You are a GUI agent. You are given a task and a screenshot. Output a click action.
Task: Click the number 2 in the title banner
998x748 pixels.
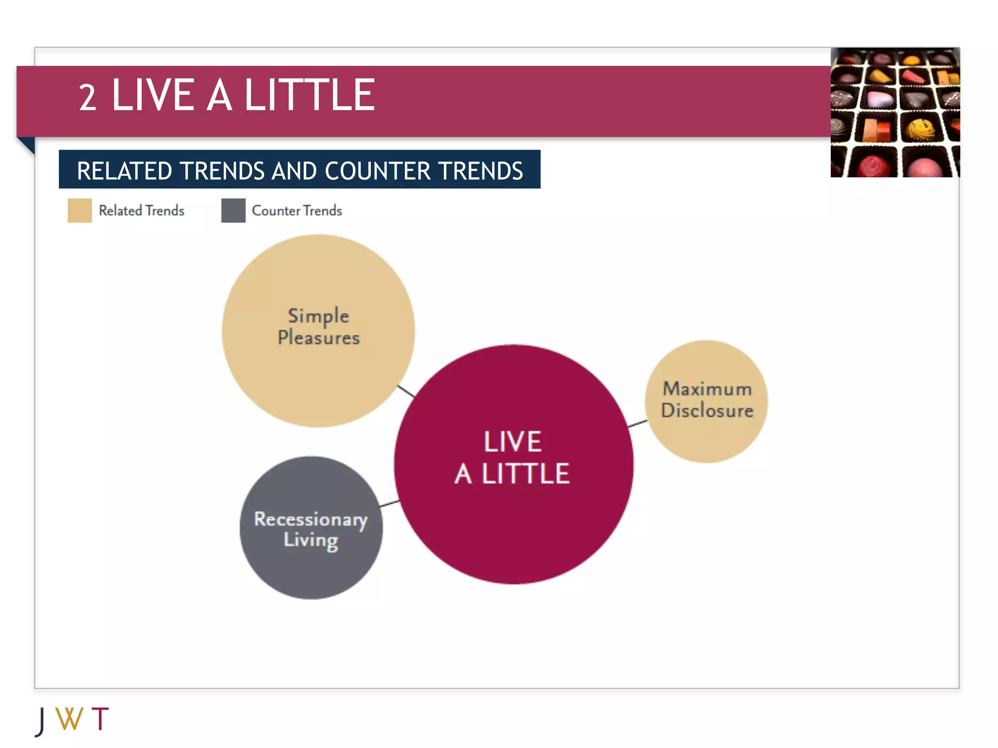[88, 97]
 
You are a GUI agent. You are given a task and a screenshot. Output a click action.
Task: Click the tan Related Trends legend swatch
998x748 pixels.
[79, 210]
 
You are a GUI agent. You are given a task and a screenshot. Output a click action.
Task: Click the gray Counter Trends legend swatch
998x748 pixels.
[233, 210]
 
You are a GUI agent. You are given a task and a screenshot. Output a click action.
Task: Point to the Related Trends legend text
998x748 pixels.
[141, 210]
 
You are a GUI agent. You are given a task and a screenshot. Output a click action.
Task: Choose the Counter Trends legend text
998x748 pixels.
[297, 210]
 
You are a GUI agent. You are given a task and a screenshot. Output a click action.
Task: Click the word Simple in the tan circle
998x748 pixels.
[318, 316]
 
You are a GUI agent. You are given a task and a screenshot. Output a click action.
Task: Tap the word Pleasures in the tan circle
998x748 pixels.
[319, 337]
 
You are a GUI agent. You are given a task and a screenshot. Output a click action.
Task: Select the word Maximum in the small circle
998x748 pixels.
[707, 389]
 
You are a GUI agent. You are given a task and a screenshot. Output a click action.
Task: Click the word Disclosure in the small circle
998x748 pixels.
[707, 410]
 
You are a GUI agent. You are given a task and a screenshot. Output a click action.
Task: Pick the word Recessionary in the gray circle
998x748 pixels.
[310, 519]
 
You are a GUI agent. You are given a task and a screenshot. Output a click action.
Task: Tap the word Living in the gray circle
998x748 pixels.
[311, 540]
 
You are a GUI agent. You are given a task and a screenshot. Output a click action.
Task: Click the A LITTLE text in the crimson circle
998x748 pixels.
[512, 473]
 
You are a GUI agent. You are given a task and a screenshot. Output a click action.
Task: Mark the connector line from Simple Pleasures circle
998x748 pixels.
[406, 391]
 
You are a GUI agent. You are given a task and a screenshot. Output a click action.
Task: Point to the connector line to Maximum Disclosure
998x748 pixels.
[638, 423]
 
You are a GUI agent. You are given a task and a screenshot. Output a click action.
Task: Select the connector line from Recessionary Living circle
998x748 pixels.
[389, 503]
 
